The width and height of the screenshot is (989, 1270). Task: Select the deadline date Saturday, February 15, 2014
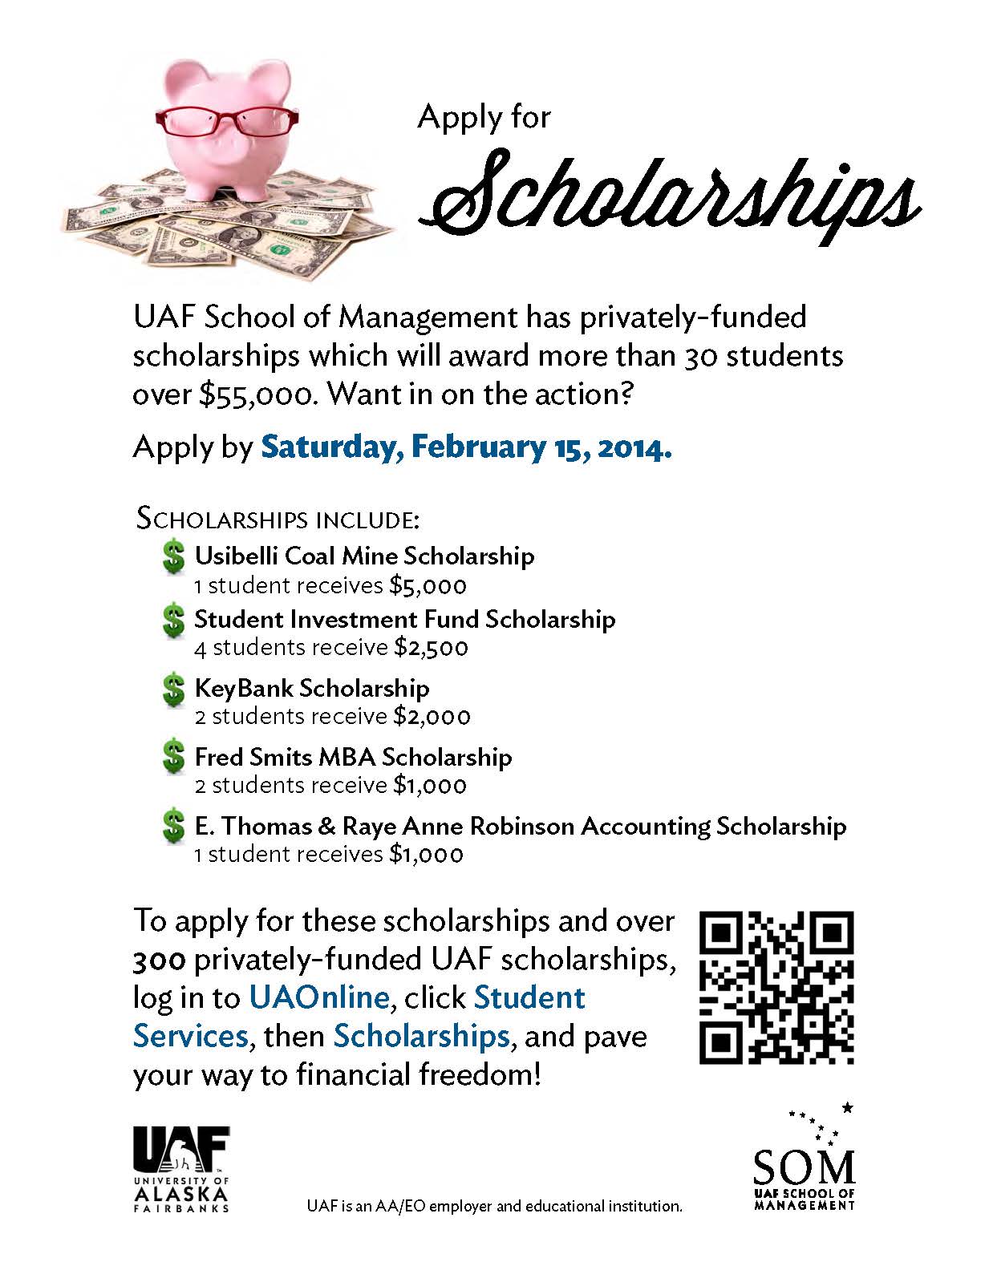[x=466, y=447]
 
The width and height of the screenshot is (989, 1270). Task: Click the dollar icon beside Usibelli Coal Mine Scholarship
[x=173, y=557]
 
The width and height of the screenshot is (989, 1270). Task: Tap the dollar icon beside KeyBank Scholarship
[x=173, y=690]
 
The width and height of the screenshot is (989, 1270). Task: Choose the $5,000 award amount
[x=428, y=586]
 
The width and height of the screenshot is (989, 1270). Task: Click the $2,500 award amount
[x=431, y=648]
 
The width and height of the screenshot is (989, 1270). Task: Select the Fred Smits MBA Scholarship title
[x=353, y=757]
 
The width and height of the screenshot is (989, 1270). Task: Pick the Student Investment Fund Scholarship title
[x=404, y=619]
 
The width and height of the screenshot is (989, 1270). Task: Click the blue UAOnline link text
[x=319, y=997]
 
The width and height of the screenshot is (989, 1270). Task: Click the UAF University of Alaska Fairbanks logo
[x=181, y=1167]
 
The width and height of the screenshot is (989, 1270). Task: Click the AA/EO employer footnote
[x=495, y=1206]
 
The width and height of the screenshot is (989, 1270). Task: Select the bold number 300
[x=160, y=959]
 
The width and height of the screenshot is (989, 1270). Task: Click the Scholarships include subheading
[x=278, y=519]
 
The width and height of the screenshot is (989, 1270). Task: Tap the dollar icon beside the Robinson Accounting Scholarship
[x=173, y=827]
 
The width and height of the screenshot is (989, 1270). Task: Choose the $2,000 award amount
[x=432, y=716]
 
